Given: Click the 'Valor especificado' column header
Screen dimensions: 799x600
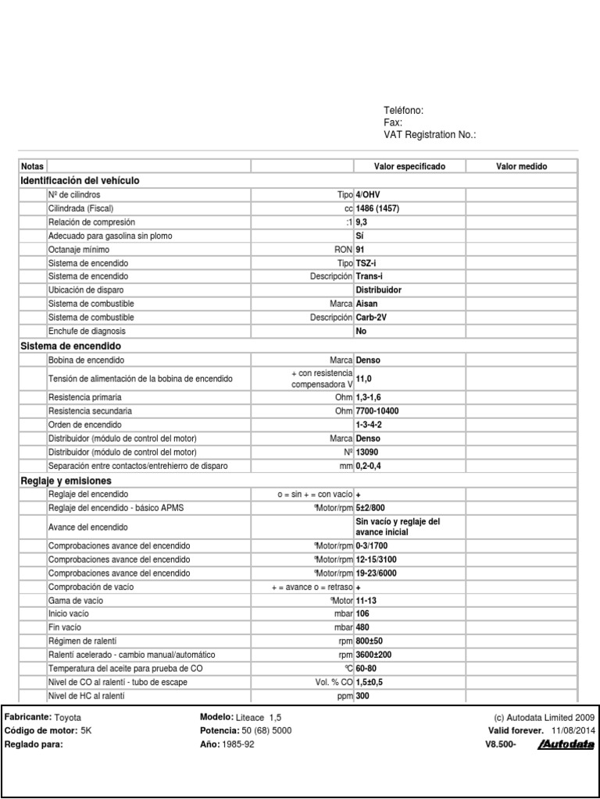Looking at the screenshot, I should point(410,167).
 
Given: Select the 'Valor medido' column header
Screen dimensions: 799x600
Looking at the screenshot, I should point(521,167).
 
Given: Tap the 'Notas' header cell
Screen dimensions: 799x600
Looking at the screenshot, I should point(33,167).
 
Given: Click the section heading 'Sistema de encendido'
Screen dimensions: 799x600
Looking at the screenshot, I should point(70,346).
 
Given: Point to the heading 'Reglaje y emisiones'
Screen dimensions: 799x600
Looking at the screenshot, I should point(66,481).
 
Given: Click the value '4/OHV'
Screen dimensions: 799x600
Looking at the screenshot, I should point(368,194).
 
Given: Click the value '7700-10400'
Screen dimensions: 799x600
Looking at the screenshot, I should point(377,410).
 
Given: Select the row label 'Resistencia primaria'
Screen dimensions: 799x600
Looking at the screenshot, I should point(86,397).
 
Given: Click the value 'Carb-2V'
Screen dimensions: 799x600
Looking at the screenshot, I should point(371,318).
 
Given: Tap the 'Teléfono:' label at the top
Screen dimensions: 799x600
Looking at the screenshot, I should point(403,111).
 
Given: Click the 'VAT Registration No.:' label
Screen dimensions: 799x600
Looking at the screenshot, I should point(430,135).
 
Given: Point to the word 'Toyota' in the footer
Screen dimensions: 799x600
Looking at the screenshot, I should point(67,717).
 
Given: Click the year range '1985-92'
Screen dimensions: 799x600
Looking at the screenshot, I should point(237,744).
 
